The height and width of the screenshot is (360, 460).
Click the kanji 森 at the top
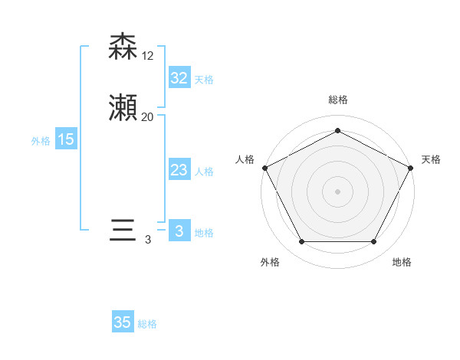(x=123, y=47)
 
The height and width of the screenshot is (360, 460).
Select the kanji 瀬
(x=123, y=108)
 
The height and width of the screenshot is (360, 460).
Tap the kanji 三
(x=123, y=231)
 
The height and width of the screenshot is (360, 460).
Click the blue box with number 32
(x=179, y=78)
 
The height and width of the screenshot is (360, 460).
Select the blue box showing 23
(x=179, y=170)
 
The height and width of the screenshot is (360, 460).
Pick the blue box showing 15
(x=66, y=139)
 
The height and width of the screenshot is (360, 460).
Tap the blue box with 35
(x=123, y=322)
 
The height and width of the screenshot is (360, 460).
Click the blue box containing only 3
(x=179, y=231)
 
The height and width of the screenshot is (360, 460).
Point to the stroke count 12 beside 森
(x=148, y=56)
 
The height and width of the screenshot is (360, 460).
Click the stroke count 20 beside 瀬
(x=148, y=117)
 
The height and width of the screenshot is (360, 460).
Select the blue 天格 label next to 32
(x=204, y=80)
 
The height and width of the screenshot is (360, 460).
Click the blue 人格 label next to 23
(x=204, y=172)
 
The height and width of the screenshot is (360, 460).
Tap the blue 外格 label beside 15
(x=41, y=141)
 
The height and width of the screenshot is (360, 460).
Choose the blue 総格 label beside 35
(x=148, y=324)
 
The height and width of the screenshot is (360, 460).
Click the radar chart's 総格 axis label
(x=338, y=100)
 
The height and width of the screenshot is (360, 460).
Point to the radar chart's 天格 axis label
(x=431, y=159)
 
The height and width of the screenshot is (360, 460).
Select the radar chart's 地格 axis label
(x=402, y=262)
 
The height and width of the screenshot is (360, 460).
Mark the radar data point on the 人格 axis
(x=264, y=167)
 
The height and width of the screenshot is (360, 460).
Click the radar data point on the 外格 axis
(x=301, y=242)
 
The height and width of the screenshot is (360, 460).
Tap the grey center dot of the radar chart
(x=337, y=191)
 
